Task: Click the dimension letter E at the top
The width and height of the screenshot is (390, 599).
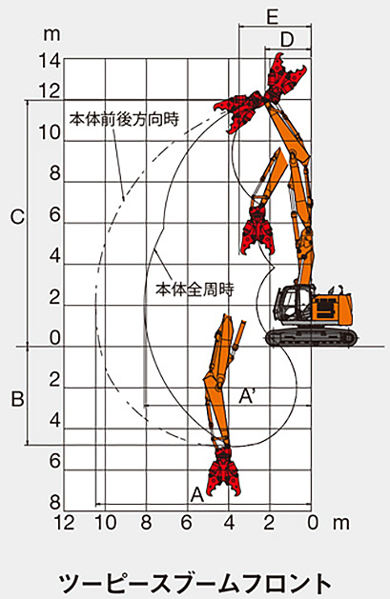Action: [x=272, y=17]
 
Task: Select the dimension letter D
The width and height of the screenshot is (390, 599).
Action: [x=287, y=39]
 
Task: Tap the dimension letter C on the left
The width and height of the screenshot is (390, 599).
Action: [x=17, y=217]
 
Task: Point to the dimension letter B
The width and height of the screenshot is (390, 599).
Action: [x=17, y=399]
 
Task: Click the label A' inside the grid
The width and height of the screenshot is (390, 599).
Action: [x=247, y=396]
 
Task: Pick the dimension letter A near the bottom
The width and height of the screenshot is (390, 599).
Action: [x=197, y=494]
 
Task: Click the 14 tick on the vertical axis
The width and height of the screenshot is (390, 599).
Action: [x=50, y=61]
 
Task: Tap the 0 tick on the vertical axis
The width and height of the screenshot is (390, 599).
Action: [x=55, y=338]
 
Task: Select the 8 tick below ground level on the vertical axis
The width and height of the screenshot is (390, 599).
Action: [x=55, y=503]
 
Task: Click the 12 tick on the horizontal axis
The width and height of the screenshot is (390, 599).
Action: [x=64, y=522]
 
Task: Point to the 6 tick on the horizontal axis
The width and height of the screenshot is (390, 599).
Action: [x=186, y=522]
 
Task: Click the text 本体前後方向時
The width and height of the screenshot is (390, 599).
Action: [x=124, y=119]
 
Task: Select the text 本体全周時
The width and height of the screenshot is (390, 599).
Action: [x=195, y=290]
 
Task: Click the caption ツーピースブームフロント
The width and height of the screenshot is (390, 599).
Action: [x=195, y=584]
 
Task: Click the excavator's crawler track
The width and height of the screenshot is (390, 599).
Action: [x=312, y=338]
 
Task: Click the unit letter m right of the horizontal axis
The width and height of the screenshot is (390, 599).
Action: [x=340, y=523]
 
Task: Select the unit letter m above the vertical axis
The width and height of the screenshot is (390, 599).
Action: [x=51, y=34]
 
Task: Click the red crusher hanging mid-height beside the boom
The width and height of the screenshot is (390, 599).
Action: [x=257, y=230]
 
